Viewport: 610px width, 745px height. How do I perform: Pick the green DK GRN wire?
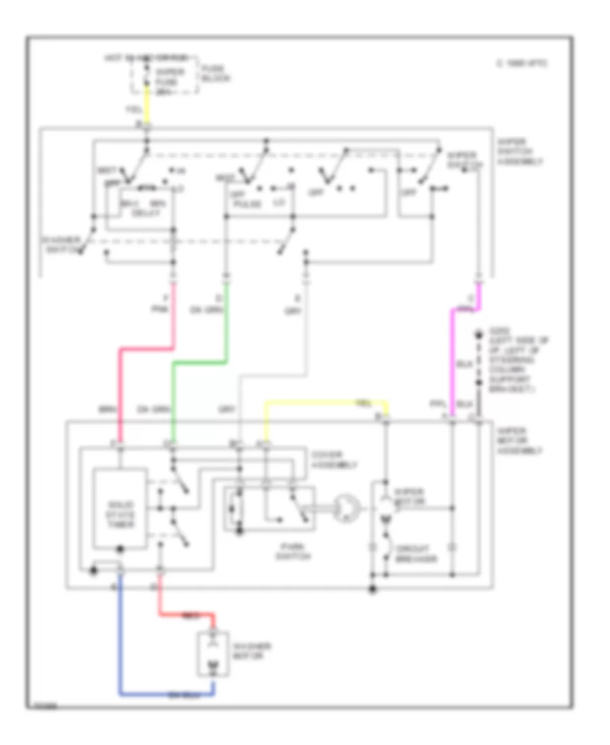tap(175, 400)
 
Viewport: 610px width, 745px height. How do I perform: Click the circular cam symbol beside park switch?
tap(345, 506)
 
